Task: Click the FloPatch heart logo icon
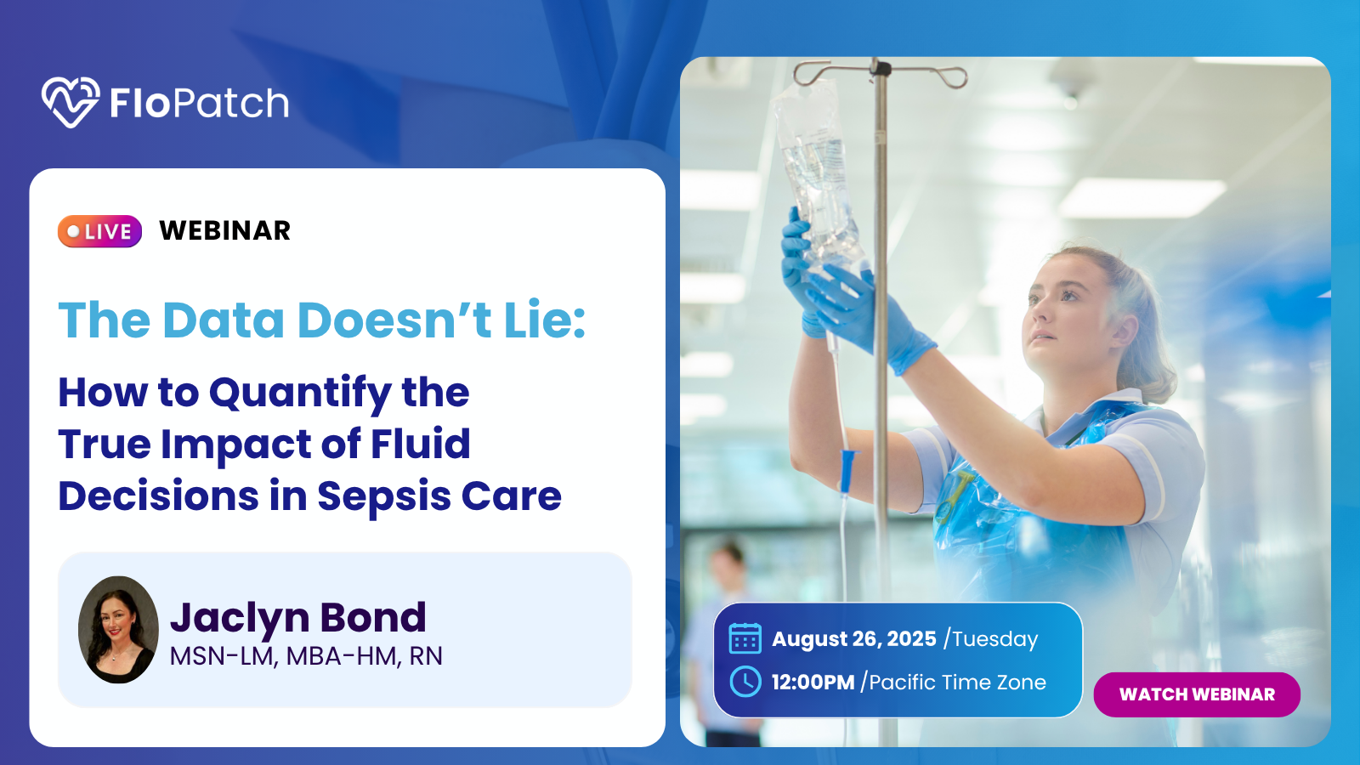[x=71, y=102]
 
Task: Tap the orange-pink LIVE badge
[x=99, y=231]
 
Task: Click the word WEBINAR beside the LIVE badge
[x=224, y=230]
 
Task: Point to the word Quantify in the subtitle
[x=300, y=394]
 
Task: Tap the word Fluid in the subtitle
[x=420, y=444]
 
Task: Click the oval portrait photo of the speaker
[x=118, y=630]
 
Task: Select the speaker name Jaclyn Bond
[x=297, y=617]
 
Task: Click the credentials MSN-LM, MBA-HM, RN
[x=306, y=656]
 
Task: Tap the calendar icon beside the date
[x=745, y=638]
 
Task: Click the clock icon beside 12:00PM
[x=745, y=681]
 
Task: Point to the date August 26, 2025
[x=854, y=638]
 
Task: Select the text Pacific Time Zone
[x=957, y=683]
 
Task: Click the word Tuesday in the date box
[x=994, y=639]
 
